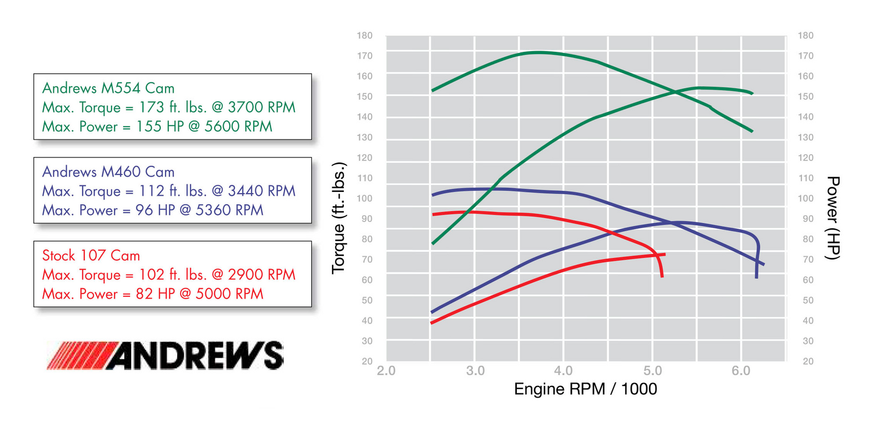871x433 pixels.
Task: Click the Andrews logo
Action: point(165,355)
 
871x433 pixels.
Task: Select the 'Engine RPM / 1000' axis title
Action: point(585,389)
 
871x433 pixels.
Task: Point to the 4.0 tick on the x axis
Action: point(564,371)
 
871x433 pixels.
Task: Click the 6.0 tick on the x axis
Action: point(742,371)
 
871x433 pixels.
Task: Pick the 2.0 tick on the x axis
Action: point(386,371)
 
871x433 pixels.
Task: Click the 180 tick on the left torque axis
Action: point(365,35)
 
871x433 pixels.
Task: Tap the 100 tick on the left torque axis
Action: point(365,198)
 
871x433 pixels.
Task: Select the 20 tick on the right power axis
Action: point(806,361)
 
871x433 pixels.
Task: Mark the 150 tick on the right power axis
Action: point(806,96)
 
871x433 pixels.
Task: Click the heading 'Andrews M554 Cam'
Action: point(108,88)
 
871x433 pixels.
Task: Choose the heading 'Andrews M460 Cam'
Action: point(108,171)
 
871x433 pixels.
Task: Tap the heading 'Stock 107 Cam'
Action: point(91,255)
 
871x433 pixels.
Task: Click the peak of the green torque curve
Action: point(537,52)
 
